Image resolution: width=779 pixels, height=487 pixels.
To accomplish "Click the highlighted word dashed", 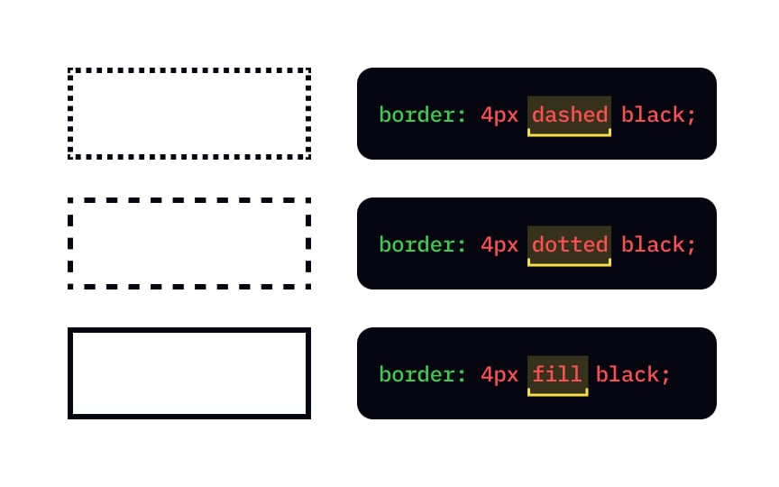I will click(569, 115).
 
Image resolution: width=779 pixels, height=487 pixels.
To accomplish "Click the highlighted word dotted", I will click(569, 244).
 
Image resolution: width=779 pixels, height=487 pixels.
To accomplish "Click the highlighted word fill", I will click(557, 374).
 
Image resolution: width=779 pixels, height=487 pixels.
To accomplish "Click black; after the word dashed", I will click(659, 115).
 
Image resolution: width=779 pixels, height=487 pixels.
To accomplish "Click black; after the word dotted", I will click(659, 244).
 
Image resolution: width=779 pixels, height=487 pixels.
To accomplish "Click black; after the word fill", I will click(634, 374).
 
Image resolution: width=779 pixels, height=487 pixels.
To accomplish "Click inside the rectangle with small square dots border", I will click(189, 114).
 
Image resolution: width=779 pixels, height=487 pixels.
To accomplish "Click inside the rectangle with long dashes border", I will click(189, 243).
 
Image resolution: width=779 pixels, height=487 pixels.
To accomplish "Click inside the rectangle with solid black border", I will click(189, 373).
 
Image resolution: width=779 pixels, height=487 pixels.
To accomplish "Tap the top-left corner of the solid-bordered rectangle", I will click(70, 330).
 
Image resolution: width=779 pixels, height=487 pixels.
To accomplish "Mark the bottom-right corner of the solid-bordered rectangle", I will click(308, 417).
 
